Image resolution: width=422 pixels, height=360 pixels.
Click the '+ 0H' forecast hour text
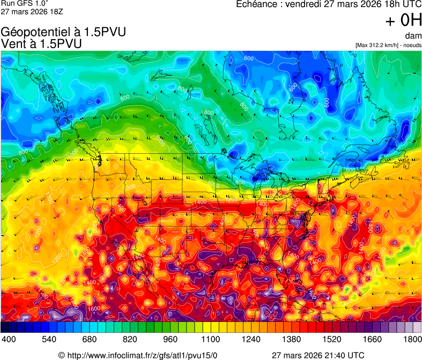coord(403,21)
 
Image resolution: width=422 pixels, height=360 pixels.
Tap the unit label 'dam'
coord(413,36)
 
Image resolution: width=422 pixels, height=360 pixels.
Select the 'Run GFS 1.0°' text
coord(21,3)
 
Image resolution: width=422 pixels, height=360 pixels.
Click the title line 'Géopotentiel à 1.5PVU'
coord(63,32)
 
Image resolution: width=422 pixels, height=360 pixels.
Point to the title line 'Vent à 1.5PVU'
coord(41,44)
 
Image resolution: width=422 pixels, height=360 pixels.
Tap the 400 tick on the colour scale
coord(9,339)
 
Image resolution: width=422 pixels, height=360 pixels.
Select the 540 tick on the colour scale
coord(49,339)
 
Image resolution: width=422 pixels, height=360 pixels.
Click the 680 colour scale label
coord(90,339)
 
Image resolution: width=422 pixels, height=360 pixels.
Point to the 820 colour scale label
coord(130,339)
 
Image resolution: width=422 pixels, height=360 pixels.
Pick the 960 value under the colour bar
coord(170,339)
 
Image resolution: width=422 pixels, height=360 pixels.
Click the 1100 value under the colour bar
coord(211,339)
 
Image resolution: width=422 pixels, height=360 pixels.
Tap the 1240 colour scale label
coord(251,339)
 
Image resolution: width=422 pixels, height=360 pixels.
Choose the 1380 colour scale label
coord(291,339)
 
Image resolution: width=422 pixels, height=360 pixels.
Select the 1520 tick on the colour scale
coord(332,339)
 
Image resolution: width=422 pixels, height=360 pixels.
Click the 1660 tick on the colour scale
coord(372,339)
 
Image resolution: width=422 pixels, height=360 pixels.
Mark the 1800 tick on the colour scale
coord(411,339)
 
